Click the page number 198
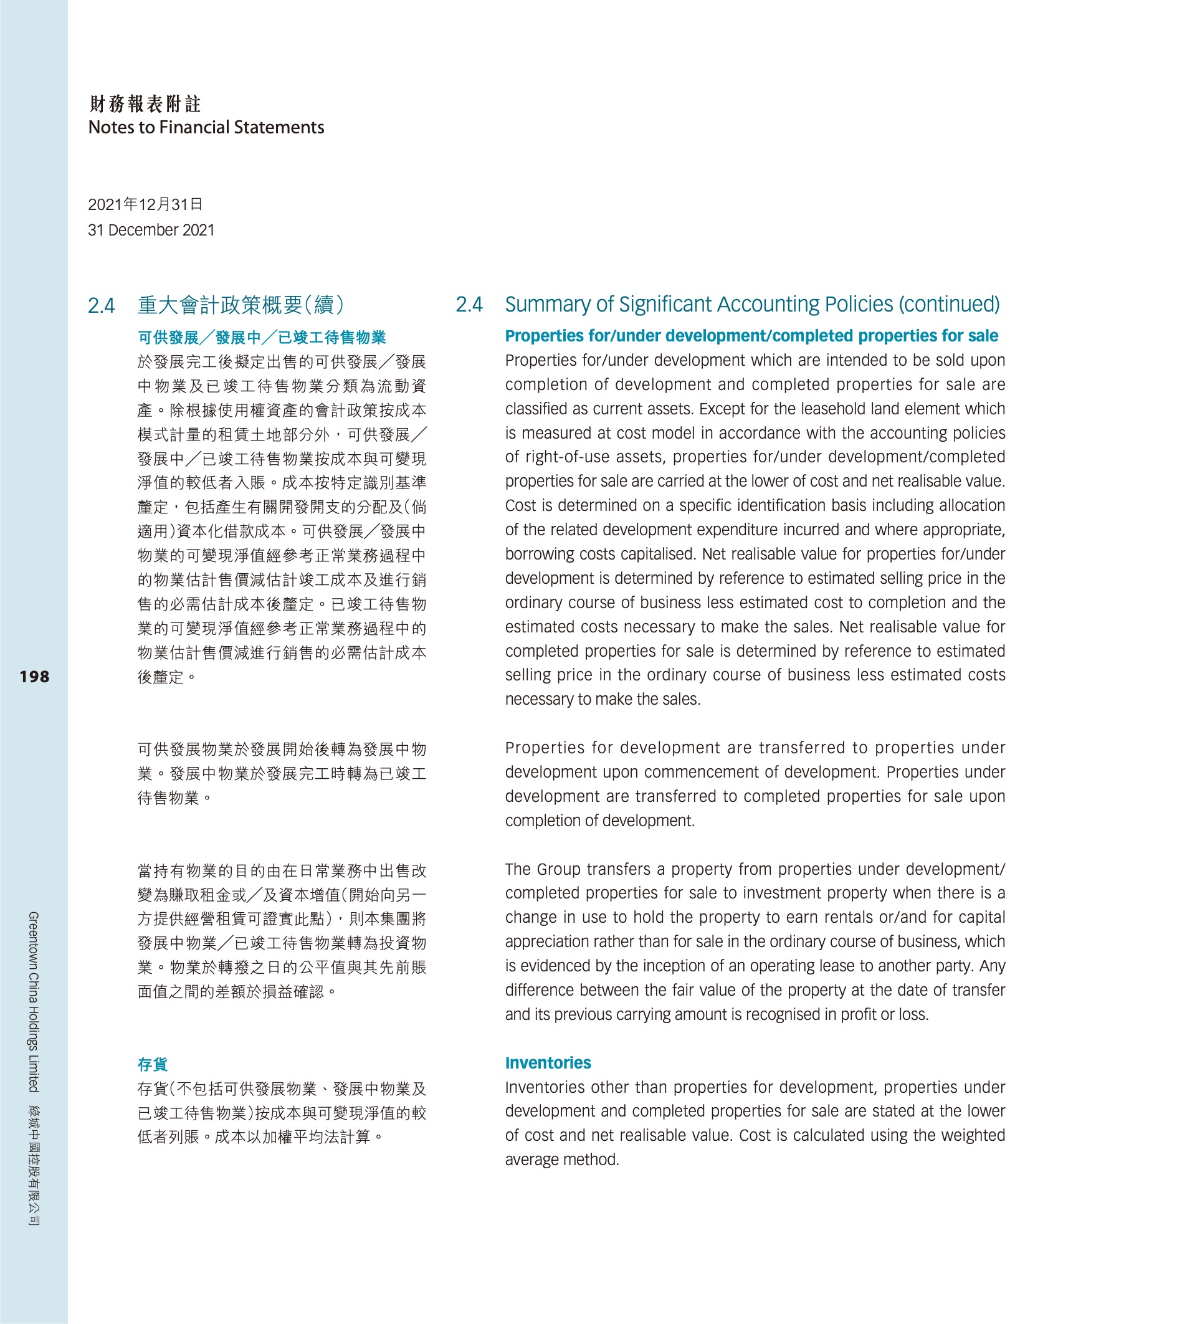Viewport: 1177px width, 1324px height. (x=34, y=677)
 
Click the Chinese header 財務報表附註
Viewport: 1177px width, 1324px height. (x=145, y=103)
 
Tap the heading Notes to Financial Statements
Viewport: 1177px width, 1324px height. (x=206, y=127)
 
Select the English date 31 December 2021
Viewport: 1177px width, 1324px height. (x=151, y=230)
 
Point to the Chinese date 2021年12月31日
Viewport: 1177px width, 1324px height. (x=145, y=205)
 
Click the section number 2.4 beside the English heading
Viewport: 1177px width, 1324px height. (x=469, y=305)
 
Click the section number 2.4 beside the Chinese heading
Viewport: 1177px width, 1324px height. (x=102, y=305)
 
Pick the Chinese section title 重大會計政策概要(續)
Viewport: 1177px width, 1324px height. (x=241, y=305)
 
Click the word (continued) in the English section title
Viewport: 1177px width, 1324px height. (x=949, y=305)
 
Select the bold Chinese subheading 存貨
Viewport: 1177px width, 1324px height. (x=153, y=1064)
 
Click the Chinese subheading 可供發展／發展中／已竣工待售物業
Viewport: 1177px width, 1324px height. (x=262, y=338)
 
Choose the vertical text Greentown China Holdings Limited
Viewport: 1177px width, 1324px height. (x=34, y=1001)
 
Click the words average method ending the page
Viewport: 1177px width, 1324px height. (x=561, y=1160)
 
